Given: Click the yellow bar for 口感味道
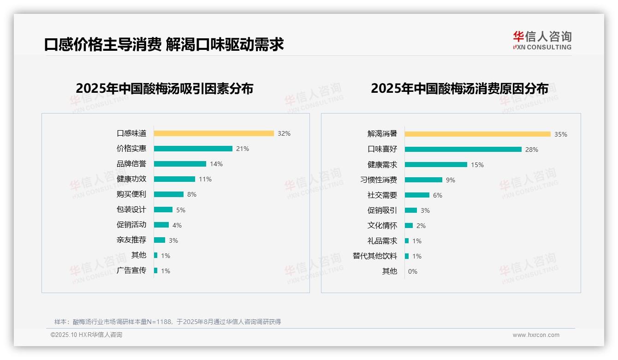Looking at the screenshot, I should click(214, 133).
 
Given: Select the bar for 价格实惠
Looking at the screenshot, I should click(193, 149).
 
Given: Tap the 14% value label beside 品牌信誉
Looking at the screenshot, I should click(216, 164).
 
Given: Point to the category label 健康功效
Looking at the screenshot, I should click(131, 179).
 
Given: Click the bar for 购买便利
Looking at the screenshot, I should click(168, 194).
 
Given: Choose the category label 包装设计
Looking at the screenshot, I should click(131, 210).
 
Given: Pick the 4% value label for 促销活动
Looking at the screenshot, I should click(177, 225).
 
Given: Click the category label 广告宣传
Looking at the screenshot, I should click(131, 270).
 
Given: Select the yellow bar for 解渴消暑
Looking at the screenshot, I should click(477, 134).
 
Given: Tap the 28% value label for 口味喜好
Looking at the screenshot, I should click(532, 150).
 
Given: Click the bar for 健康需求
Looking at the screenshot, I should click(436, 165).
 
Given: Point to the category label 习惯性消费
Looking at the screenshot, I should click(379, 180).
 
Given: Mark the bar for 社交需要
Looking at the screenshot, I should click(417, 195).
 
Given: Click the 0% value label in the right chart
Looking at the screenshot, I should click(413, 271).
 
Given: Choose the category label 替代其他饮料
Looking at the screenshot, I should click(375, 256).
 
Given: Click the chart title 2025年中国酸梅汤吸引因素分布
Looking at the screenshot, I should click(165, 89).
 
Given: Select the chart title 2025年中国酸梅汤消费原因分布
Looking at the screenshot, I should click(459, 89).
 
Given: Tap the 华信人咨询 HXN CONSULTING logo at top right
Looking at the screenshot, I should click(542, 41).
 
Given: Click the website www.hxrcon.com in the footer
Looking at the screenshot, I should click(536, 335).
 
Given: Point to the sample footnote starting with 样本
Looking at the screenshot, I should click(167, 322).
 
